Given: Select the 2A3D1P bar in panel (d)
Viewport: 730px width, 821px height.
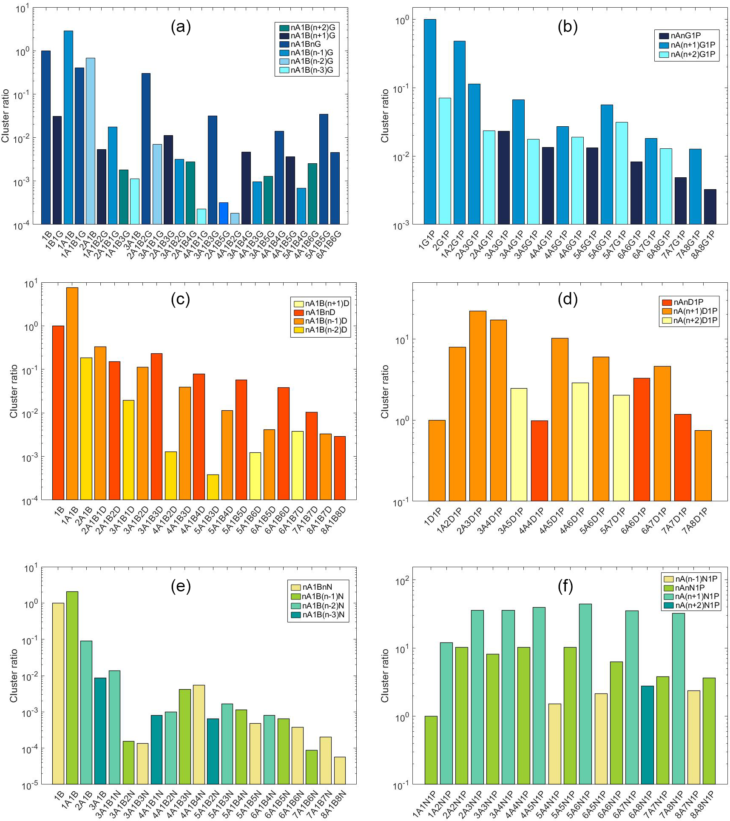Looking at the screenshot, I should point(477,406).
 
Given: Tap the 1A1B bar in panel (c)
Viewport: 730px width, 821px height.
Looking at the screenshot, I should point(72,393).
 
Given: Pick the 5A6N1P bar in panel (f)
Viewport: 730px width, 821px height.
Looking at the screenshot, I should point(585,693).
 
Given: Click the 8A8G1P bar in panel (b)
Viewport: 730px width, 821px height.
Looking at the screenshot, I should point(710,207).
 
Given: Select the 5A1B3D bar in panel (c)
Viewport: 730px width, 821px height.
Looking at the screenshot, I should point(213,487).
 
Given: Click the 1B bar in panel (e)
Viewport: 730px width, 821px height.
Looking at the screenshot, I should point(58,693).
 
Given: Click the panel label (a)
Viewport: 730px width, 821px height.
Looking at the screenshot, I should point(181,27).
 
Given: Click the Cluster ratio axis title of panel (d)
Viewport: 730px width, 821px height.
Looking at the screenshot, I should point(385,392).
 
